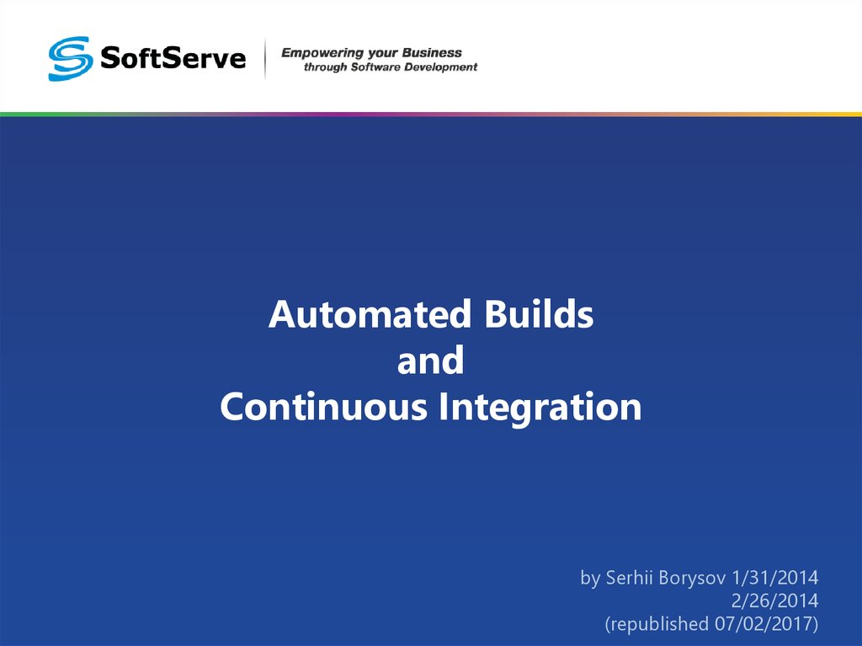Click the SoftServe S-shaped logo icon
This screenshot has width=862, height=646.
(x=69, y=58)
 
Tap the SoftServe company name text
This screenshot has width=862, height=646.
(x=173, y=58)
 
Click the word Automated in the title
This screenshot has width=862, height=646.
(x=370, y=316)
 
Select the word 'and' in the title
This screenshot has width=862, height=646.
(x=430, y=362)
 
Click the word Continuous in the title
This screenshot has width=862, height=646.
(x=323, y=408)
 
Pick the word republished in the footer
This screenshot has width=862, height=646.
(x=657, y=624)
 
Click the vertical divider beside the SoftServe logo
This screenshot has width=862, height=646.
(x=265, y=59)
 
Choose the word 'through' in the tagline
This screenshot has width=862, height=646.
(x=324, y=67)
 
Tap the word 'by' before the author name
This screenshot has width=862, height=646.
(x=590, y=579)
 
